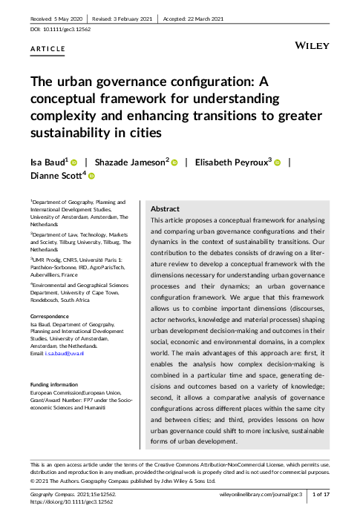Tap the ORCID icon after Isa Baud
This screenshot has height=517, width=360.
[x=74, y=162]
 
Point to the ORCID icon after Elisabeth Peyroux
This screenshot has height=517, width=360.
[x=276, y=162]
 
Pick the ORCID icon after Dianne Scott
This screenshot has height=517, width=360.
[x=92, y=177]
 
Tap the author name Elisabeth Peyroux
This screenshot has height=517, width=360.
[x=231, y=162]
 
